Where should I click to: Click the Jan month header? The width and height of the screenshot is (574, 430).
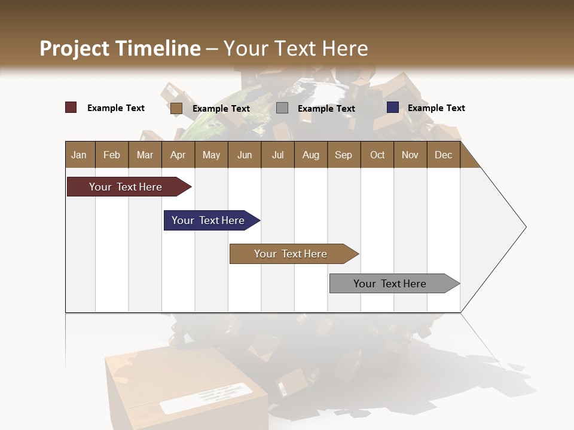(80, 155)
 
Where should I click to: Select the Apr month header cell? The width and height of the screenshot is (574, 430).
(178, 155)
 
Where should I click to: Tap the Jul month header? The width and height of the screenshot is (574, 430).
(277, 155)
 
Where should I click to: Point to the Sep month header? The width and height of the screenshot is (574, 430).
(344, 155)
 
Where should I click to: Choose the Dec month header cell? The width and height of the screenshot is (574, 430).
(443, 155)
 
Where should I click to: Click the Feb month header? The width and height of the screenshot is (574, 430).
(112, 155)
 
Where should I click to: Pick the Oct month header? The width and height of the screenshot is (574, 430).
(377, 155)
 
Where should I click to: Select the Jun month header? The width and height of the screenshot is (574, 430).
(245, 155)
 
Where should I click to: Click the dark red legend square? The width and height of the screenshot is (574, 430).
(71, 107)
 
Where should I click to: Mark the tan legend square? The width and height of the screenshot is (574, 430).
(176, 108)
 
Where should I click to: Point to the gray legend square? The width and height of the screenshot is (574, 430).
(282, 108)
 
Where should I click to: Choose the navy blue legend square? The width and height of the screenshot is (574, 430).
(393, 107)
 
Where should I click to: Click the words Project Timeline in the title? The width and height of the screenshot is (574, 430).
(120, 48)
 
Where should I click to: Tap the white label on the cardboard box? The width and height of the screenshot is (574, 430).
(206, 398)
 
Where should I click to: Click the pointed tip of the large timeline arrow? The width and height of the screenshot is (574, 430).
(524, 227)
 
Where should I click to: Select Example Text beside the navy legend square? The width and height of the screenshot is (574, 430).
(436, 108)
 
